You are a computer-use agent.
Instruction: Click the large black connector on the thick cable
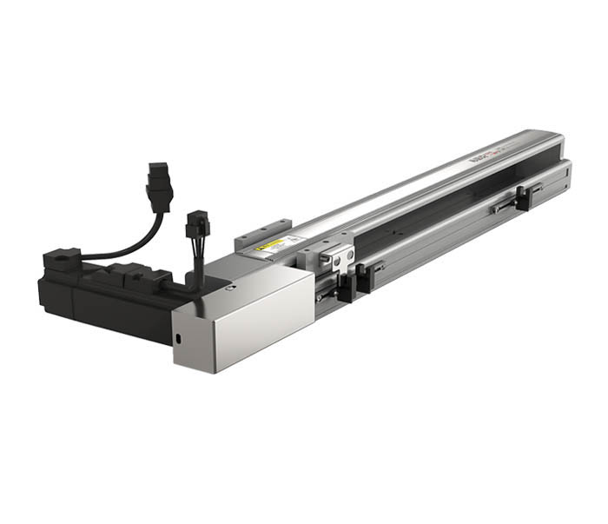(157, 182)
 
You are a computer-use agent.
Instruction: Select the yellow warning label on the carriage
(265, 246)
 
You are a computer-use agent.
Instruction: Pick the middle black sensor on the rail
(366, 277)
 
